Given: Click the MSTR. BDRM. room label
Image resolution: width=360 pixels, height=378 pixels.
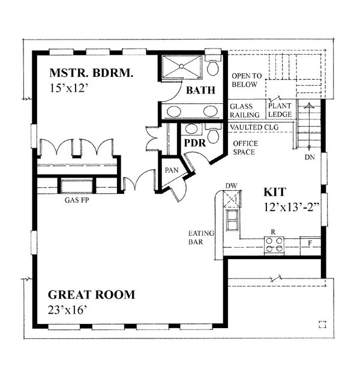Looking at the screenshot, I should (x=92, y=74).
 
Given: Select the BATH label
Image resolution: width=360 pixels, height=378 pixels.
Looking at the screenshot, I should (x=197, y=91).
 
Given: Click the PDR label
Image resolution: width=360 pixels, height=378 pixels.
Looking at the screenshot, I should (x=194, y=144).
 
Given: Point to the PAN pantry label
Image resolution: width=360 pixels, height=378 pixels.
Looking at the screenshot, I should (x=172, y=170).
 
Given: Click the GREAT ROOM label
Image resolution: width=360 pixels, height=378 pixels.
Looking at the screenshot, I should (x=91, y=295).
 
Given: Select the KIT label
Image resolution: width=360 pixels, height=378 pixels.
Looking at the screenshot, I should (x=275, y=192).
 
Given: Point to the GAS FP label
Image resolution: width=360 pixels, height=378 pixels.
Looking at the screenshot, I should (x=76, y=202).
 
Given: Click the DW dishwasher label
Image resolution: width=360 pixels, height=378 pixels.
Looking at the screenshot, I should (x=232, y=185).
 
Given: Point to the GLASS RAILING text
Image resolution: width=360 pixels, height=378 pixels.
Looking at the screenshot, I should (x=245, y=110).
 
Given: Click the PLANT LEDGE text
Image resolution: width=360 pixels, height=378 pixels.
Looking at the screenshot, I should (x=280, y=110).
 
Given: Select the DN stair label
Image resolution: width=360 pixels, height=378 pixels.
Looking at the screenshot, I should (x=310, y=157).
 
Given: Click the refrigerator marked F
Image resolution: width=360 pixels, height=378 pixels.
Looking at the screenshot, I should (x=310, y=243).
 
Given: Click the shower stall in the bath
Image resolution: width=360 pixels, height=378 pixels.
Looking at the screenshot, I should (x=182, y=68).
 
